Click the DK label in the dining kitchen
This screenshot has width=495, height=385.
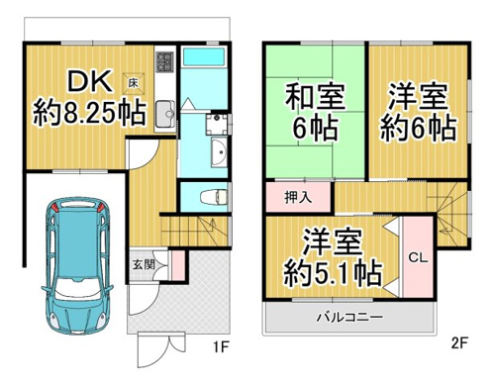[x=89, y=82]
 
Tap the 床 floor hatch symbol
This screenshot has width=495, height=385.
[x=134, y=82]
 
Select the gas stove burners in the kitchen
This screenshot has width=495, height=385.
[x=165, y=62]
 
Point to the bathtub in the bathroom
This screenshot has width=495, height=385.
[x=204, y=56]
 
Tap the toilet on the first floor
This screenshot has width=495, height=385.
[x=214, y=197]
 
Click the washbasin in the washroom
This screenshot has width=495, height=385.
[x=219, y=152]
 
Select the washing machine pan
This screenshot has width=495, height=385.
[x=217, y=124]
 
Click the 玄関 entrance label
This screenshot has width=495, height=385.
[x=144, y=264]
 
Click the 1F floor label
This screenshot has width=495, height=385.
[x=221, y=346]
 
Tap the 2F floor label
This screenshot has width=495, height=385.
[x=459, y=343]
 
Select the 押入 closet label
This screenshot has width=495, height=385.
[x=298, y=197]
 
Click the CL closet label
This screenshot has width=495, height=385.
[x=418, y=257]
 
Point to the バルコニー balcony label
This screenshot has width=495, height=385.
[x=349, y=318]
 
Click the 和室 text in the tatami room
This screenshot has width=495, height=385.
[x=315, y=97]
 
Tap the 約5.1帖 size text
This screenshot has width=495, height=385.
[x=333, y=273]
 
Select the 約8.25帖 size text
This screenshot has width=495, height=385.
[x=89, y=113]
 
